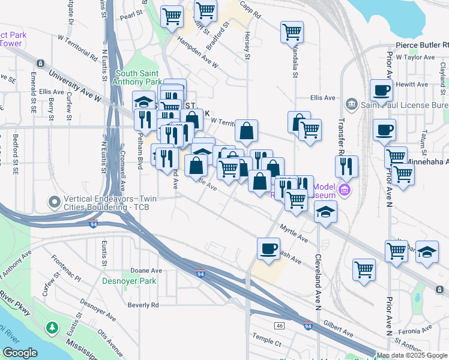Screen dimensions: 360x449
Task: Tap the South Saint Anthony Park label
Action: coord(139,77)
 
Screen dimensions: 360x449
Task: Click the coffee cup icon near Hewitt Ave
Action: coord(381,91)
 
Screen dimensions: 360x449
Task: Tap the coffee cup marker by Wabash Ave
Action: coord(268,247)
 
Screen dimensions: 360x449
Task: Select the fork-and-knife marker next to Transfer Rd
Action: coord(346,166)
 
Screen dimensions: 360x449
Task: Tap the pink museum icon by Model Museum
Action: coord(345,191)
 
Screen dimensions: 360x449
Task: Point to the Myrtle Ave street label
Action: coord(294,233)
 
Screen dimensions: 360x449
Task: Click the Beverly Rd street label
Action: coord(143,305)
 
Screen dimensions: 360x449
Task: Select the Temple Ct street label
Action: coord(267,343)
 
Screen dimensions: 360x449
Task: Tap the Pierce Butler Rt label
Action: coord(422,45)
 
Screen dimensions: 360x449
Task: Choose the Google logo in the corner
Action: coord(20,353)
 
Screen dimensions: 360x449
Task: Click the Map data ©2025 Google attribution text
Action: coord(412,355)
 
